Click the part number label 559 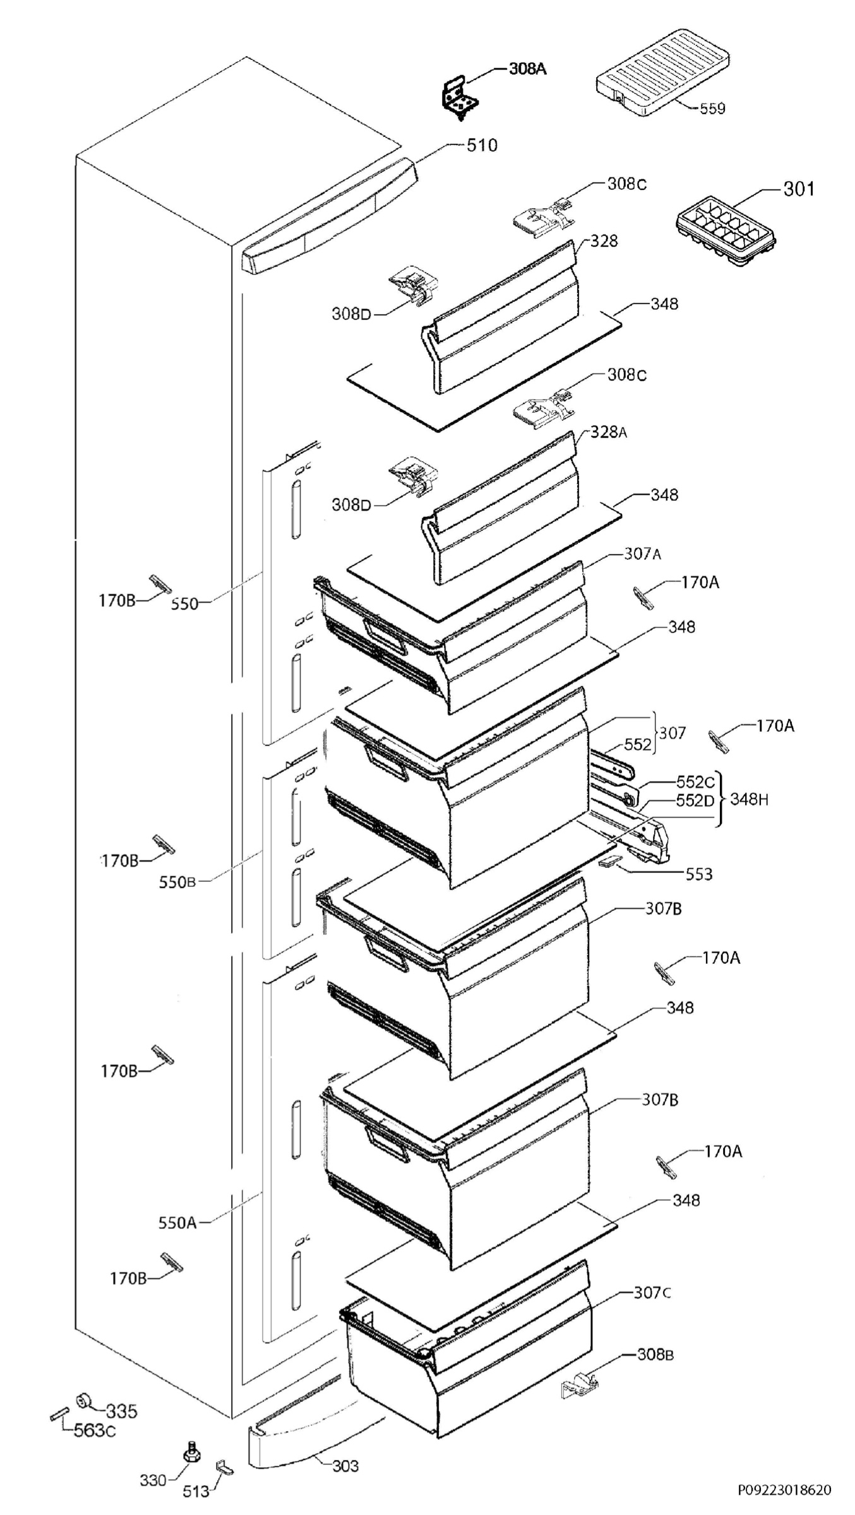(712, 109)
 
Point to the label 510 (482, 145)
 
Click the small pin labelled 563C (57, 1413)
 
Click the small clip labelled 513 (224, 1449)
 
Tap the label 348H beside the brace (750, 799)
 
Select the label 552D (695, 800)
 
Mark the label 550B (177, 882)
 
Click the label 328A (609, 432)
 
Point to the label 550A (177, 1223)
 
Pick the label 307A (643, 554)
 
